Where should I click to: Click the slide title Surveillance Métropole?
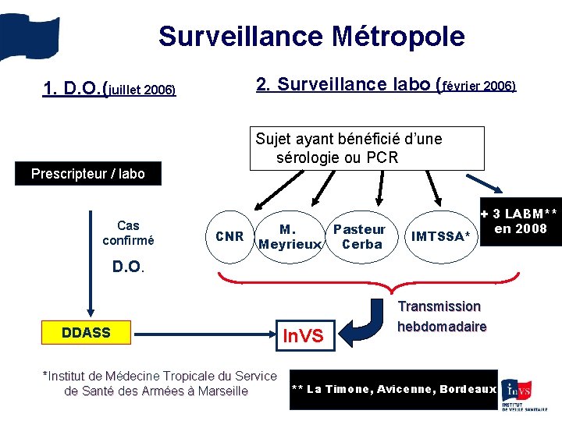tap(311, 36)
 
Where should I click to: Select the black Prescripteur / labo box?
tap(87, 173)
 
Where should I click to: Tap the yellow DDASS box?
tap(86, 333)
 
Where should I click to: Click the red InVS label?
tap(302, 336)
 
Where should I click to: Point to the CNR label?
tap(229, 236)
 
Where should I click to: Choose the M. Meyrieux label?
tap(290, 237)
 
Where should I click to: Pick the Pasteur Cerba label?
tap(360, 237)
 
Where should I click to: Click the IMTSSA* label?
tap(443, 236)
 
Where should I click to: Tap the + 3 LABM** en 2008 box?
tap(520, 222)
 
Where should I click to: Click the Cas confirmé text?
tap(129, 233)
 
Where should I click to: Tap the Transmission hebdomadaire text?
tap(442, 316)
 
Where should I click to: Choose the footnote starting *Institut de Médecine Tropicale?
tap(159, 383)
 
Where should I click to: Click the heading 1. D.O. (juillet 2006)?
tap(109, 89)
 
